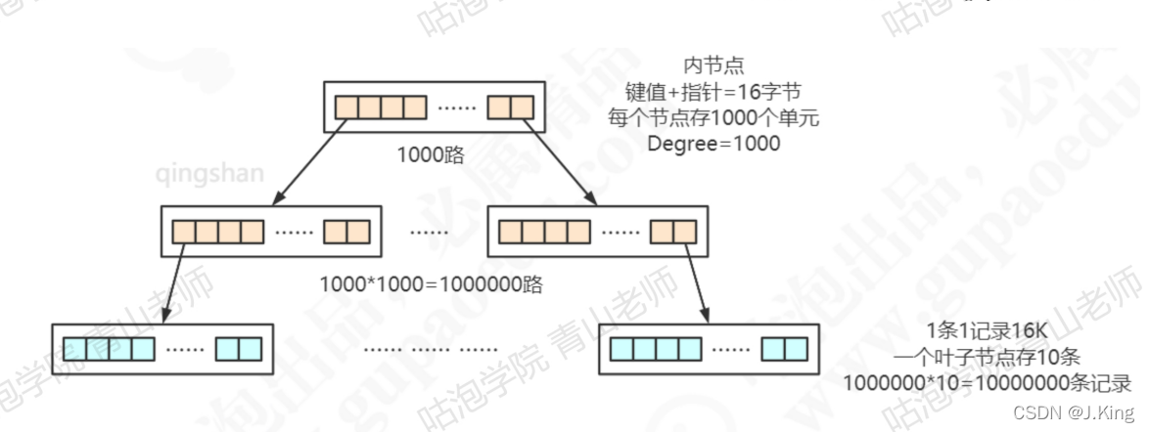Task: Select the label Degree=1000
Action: (713, 144)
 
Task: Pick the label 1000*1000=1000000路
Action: (431, 285)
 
